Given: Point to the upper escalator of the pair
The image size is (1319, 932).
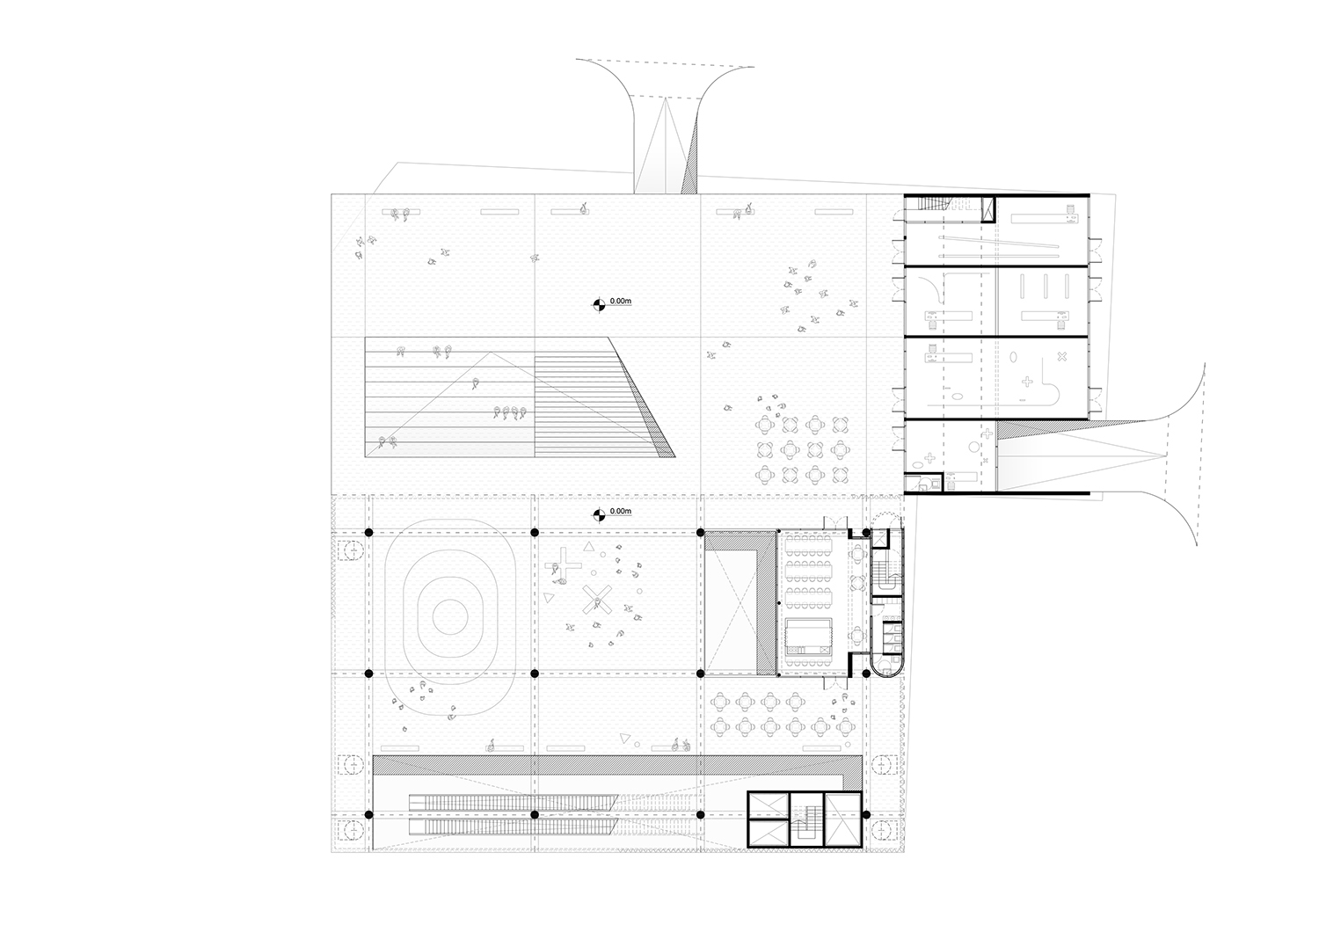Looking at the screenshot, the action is [513, 801].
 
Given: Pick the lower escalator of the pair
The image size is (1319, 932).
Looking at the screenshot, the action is [513, 826].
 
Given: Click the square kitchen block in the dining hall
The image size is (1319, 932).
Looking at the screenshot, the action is [808, 639].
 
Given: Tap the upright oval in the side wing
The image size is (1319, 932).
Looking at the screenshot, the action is [1013, 357].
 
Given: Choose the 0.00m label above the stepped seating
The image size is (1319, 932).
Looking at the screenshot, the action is [621, 301].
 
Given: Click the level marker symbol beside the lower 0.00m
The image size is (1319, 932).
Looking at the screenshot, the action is [598, 515].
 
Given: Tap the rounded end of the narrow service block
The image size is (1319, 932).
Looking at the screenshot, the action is [886, 667].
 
